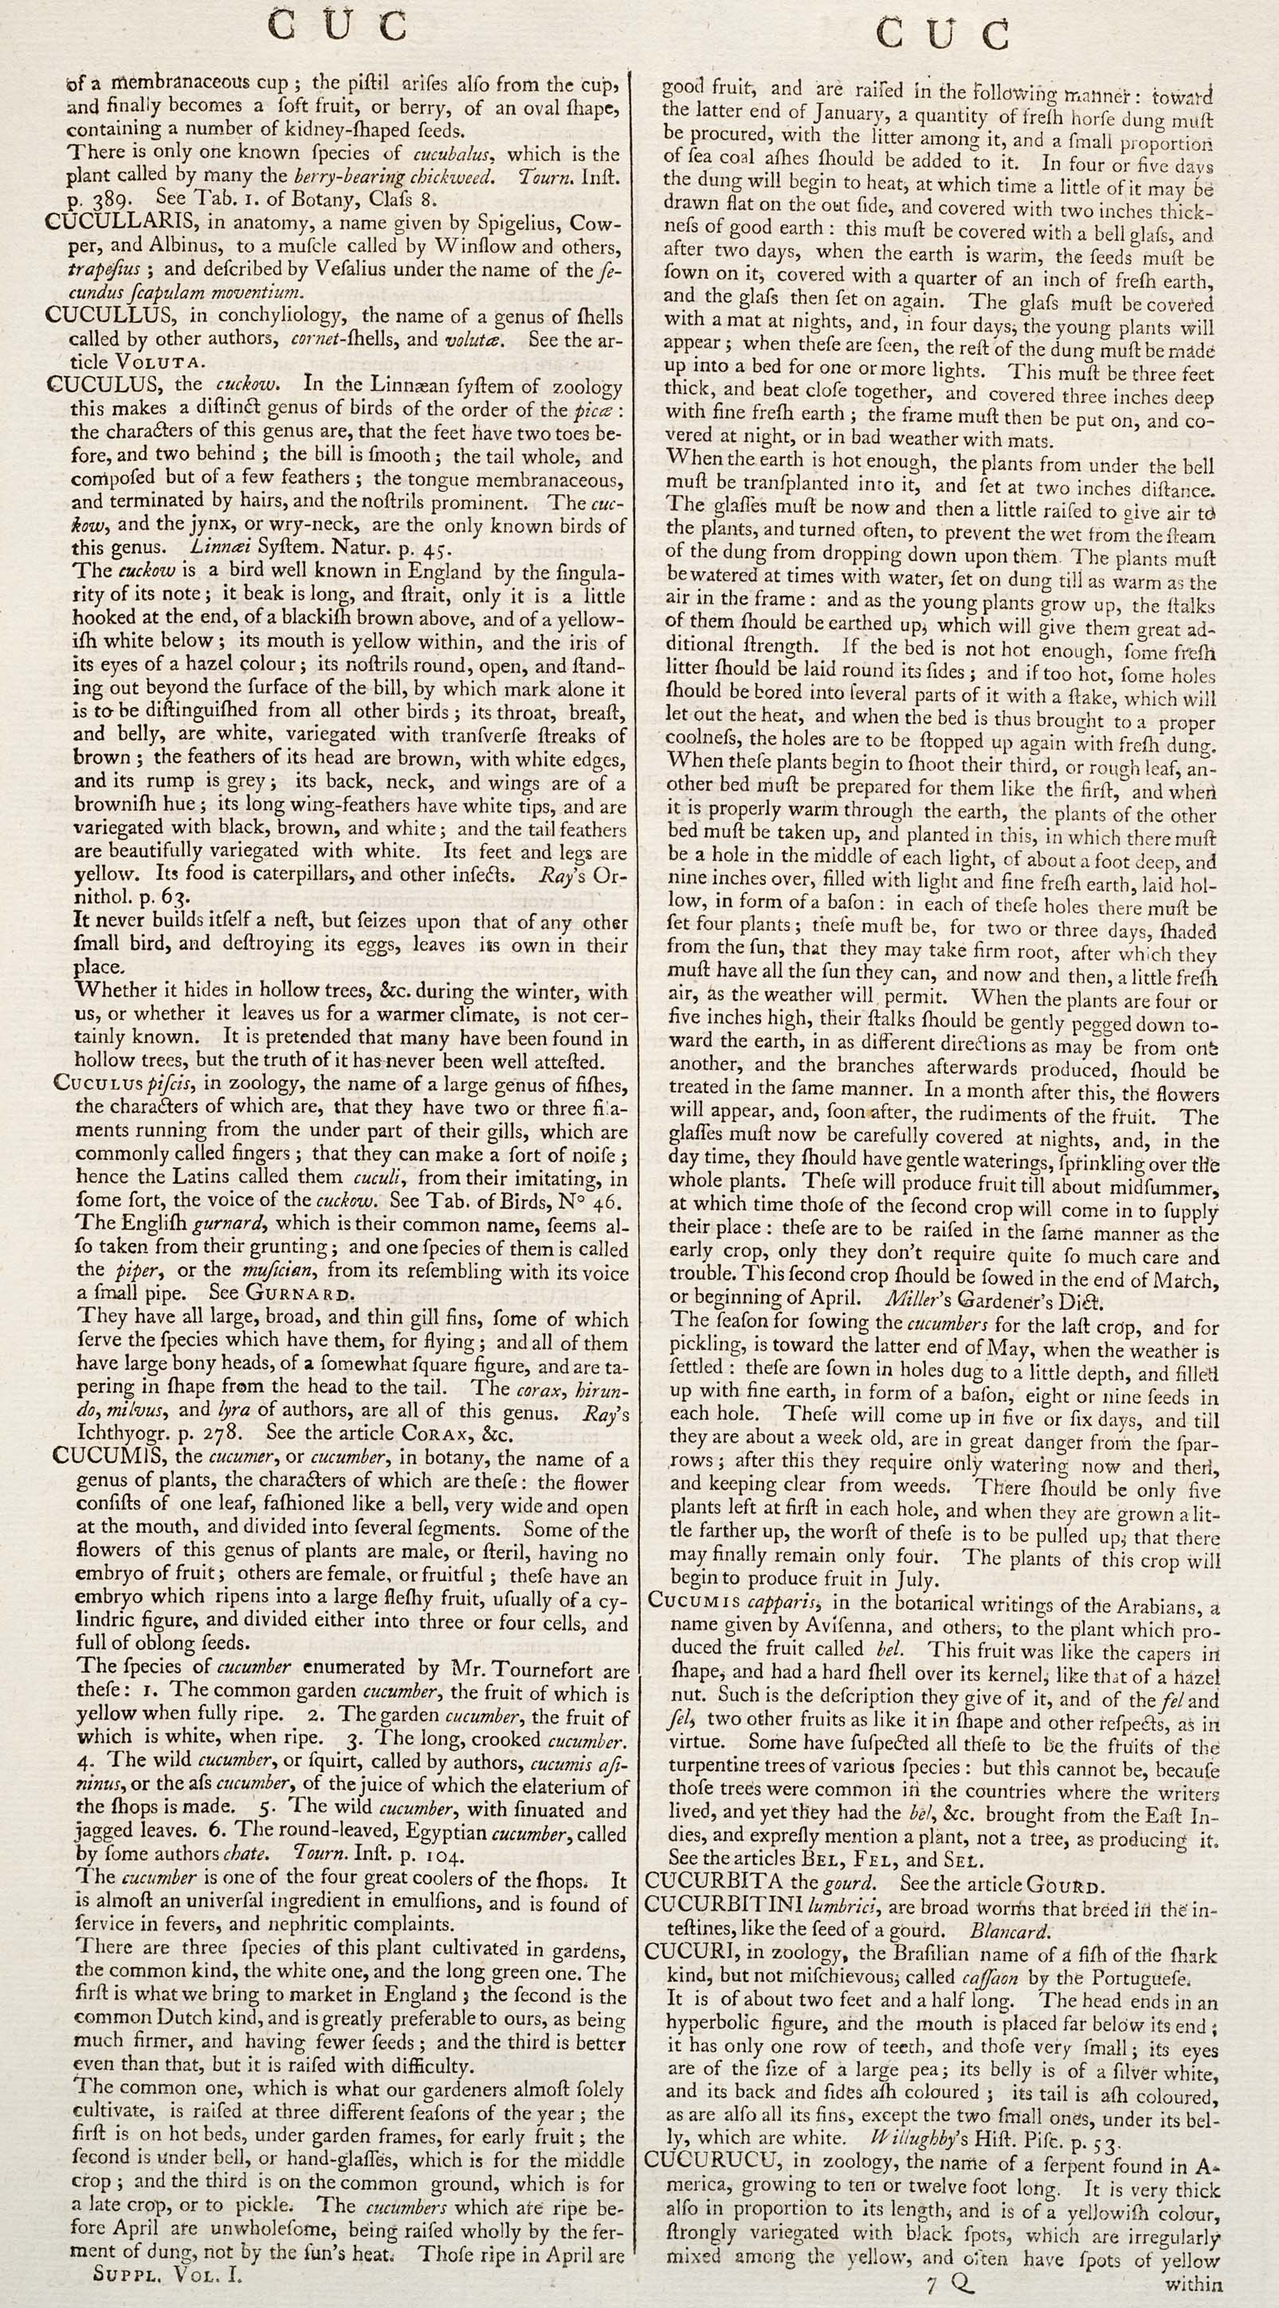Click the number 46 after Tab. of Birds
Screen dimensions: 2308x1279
click(601, 1201)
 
